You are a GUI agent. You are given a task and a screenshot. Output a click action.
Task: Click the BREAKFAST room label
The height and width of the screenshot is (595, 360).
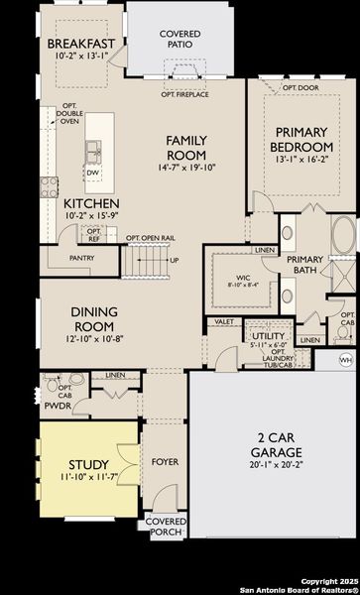pos(81,44)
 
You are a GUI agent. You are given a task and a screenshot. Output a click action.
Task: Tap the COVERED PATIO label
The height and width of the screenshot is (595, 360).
pos(180,39)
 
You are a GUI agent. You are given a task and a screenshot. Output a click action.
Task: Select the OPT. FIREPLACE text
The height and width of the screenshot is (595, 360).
pos(184,94)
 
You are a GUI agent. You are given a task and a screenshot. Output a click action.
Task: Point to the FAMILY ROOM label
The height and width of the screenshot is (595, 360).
pos(186,148)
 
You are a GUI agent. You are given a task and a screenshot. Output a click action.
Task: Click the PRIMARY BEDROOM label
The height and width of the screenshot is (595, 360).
pos(300,140)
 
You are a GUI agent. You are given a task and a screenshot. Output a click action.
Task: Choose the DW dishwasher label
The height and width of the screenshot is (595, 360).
pos(92,171)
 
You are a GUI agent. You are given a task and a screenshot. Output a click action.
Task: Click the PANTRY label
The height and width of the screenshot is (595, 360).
pos(82,257)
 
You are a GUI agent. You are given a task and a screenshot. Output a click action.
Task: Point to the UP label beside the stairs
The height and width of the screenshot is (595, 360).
pos(175,261)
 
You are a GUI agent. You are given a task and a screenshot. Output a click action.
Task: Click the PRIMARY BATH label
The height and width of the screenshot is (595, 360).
pos(305,266)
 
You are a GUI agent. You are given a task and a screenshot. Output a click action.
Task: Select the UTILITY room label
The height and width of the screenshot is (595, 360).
pos(268,336)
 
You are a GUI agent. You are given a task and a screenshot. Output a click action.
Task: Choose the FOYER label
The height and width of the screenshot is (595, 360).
pos(164,462)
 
